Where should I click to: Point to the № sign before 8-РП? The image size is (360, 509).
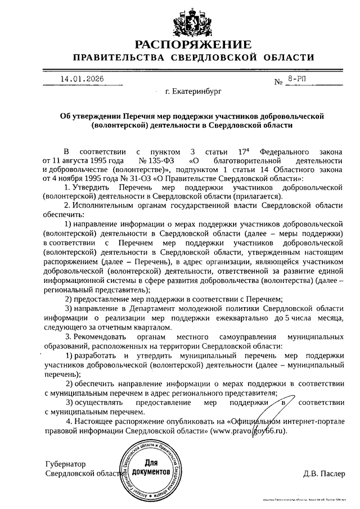click(x=278, y=82)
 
